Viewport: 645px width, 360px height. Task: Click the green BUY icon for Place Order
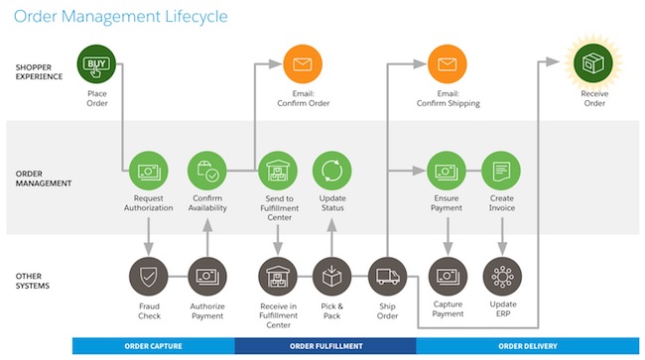96,65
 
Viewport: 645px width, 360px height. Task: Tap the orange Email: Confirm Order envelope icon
302,65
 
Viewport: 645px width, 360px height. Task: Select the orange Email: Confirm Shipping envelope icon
448,65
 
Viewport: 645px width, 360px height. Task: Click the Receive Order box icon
594,65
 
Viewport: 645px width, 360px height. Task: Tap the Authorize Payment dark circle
209,276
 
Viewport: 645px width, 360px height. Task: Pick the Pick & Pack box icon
332,276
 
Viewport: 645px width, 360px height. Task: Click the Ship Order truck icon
387,276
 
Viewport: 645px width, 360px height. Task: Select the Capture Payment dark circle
448,276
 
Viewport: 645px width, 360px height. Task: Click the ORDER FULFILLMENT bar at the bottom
324,346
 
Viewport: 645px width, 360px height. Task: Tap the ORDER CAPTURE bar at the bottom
153,346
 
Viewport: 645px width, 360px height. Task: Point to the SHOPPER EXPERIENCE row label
39,70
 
